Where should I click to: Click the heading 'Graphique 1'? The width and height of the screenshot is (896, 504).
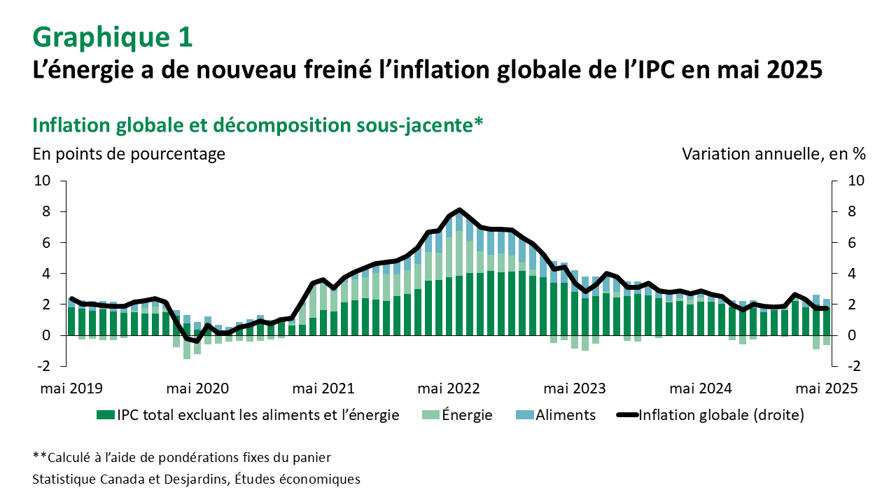113,36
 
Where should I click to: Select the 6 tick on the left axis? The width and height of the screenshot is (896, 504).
46,243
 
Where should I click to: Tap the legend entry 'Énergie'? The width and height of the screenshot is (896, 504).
467,415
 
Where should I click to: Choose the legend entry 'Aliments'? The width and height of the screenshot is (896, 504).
566,415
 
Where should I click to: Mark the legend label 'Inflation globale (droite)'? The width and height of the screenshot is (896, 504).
721,415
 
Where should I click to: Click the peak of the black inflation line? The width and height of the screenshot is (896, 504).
459,210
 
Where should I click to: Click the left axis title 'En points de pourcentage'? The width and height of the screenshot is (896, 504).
129,154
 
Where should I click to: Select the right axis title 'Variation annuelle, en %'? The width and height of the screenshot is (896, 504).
773,154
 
